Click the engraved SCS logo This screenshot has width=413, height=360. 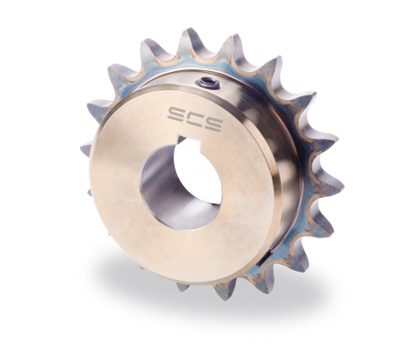[x=195, y=119]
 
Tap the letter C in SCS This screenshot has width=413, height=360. [x=195, y=118]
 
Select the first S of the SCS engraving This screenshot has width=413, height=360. [x=177, y=113]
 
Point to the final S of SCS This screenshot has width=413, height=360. [x=213, y=123]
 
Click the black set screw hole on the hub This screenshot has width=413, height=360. [x=208, y=81]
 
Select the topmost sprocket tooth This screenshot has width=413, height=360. [x=192, y=40]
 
